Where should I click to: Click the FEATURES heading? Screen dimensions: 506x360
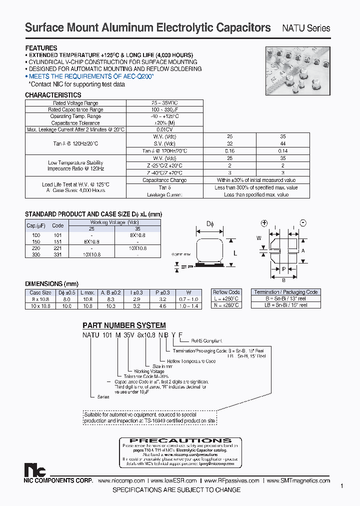coord(41,48)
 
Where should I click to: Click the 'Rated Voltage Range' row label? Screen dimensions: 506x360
coord(76,103)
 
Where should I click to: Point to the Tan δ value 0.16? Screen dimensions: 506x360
coord(229,150)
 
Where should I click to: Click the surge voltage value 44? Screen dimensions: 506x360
coord(283,143)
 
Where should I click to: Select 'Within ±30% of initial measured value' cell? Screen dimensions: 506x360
coord(256,180)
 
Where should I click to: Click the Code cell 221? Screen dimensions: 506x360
coord(58,247)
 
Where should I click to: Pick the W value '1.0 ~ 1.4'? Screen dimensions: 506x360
coord(188,305)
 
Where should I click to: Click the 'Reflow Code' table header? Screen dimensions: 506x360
coord(226,292)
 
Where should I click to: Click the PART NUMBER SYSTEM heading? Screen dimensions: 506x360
coord(124,325)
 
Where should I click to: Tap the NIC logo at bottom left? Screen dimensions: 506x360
coord(35,470)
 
